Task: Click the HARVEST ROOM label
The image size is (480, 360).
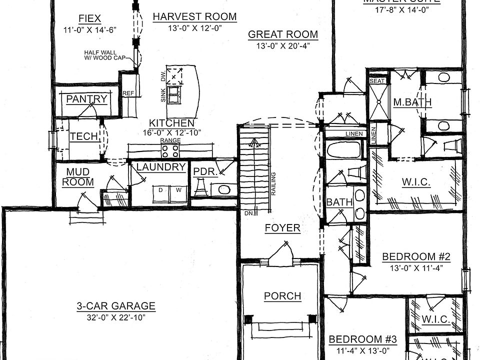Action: (194, 16)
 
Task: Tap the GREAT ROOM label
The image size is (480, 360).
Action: (282, 34)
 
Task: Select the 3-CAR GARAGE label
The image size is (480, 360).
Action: (116, 306)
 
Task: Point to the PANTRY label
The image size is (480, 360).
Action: (86, 99)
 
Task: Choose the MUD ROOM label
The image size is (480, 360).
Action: (77, 177)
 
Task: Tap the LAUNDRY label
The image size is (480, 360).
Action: (161, 167)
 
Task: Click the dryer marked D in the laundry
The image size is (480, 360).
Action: (161, 190)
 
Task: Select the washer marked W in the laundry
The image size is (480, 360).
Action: (177, 190)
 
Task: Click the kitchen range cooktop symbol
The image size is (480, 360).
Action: (170, 150)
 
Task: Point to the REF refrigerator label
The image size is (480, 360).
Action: (128, 93)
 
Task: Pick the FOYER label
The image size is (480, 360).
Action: (282, 228)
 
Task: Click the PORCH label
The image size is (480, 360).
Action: (282, 296)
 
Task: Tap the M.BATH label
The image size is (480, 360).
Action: (412, 102)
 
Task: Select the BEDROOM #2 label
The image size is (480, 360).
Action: (416, 257)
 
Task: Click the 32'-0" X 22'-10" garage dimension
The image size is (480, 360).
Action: (116, 317)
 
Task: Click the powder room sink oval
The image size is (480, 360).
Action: (223, 190)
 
